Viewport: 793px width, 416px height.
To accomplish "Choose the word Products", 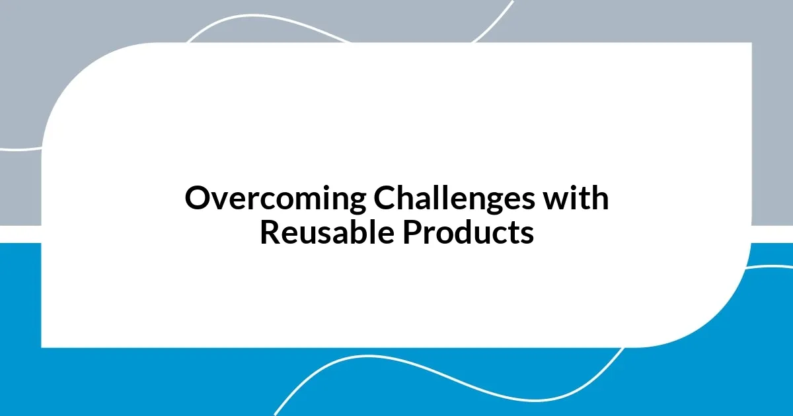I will [x=470, y=232].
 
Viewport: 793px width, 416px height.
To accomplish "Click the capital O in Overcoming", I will [x=197, y=199].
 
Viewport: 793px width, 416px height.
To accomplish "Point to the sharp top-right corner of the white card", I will [x=751, y=44].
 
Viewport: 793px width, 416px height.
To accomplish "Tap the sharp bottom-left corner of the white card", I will [x=42, y=346].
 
